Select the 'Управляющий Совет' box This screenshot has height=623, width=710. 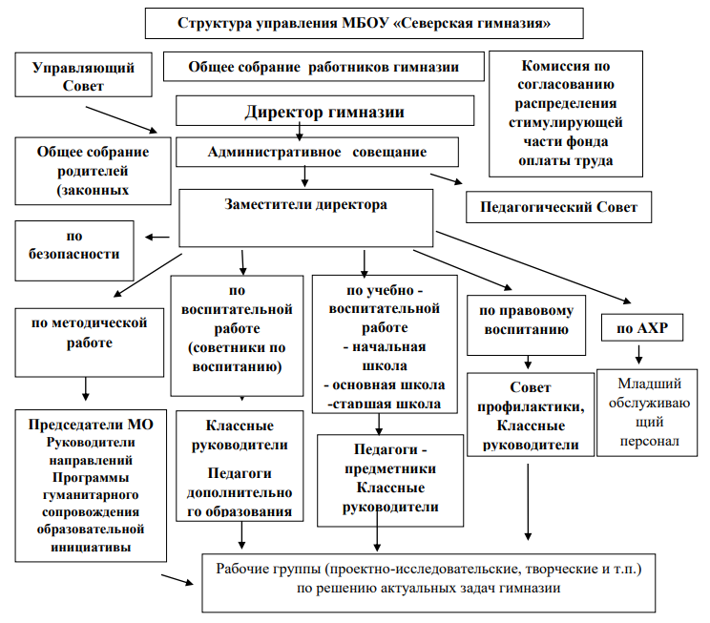coord(83,76)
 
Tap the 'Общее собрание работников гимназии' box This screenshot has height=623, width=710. coord(324,68)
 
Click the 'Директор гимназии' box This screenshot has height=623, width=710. coord(324,112)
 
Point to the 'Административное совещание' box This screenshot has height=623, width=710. coord(318,152)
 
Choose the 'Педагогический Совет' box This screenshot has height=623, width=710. coord(558,206)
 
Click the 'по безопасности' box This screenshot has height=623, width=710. coord(73,245)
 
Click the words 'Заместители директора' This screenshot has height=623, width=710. coord(304,204)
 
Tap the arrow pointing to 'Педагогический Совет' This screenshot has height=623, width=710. coord(446,179)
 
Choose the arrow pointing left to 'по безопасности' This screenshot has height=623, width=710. coord(157,239)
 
